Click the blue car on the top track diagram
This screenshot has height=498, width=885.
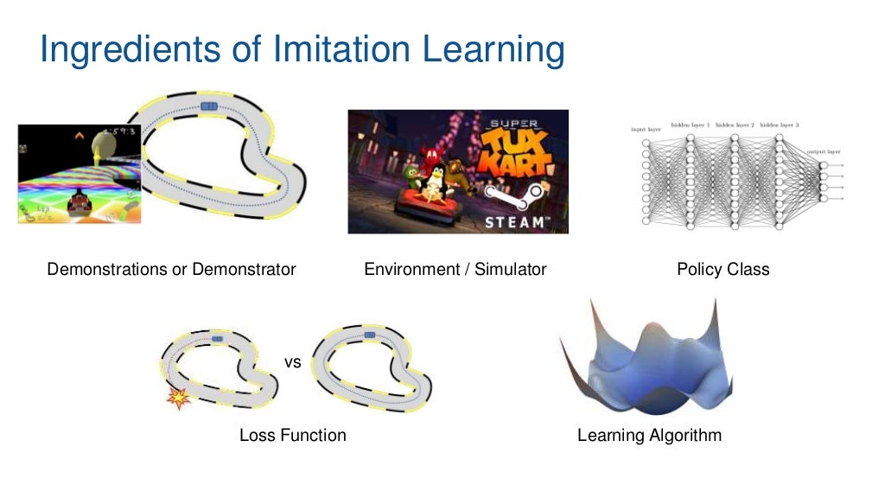(x=209, y=105)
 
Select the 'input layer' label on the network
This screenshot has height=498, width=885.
(x=646, y=130)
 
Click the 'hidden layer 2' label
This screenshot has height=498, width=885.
(x=735, y=125)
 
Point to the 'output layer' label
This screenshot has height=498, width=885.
(x=823, y=151)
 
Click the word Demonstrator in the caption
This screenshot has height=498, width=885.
(x=244, y=270)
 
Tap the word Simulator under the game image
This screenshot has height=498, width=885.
(x=512, y=270)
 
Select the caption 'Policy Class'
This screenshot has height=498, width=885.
(x=723, y=270)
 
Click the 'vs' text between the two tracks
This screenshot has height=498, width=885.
(x=293, y=362)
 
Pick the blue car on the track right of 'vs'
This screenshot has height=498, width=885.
(x=370, y=334)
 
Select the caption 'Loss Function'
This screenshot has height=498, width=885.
(x=292, y=436)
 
